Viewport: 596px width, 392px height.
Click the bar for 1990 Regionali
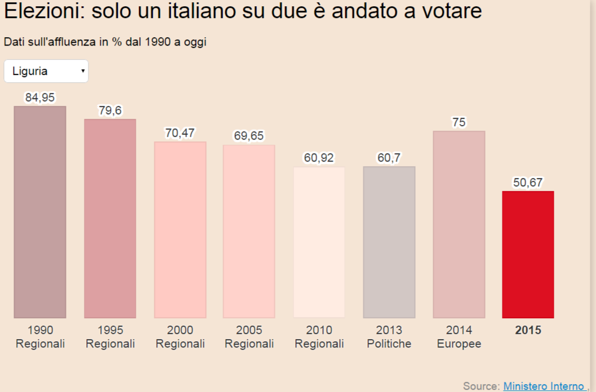(x=40, y=212)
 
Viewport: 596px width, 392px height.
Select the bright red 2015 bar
(x=528, y=255)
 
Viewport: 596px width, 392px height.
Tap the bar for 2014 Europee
(x=459, y=224)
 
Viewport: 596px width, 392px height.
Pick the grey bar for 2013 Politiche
(x=389, y=242)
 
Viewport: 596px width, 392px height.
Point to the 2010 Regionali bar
(x=319, y=242)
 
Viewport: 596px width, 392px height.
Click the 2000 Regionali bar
(x=180, y=230)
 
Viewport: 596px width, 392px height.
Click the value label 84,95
(x=40, y=97)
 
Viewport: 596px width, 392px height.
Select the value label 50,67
(x=528, y=182)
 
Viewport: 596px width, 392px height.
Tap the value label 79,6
(x=110, y=110)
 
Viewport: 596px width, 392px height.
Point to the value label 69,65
(x=249, y=136)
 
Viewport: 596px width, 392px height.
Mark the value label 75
(x=459, y=122)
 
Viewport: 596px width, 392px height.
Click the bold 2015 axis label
(x=528, y=330)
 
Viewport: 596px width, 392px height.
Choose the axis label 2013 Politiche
(x=389, y=337)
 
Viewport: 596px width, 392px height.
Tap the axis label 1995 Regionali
(x=110, y=337)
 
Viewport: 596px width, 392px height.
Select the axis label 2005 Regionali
(x=249, y=337)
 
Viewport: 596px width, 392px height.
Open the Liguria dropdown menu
(x=46, y=71)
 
